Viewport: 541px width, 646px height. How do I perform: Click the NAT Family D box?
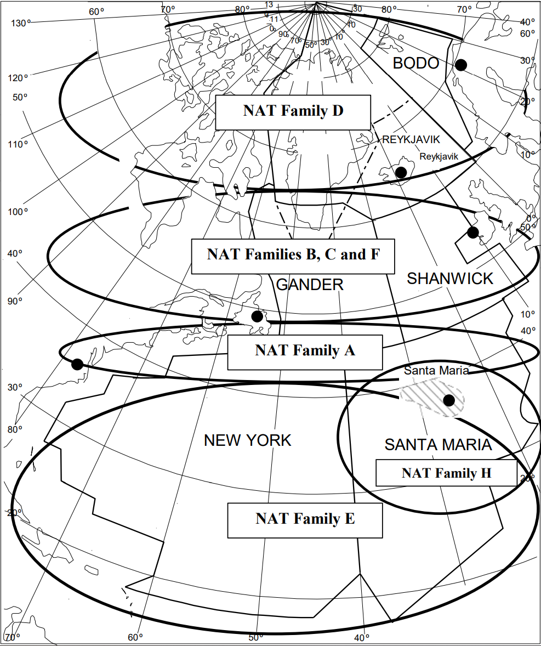click(293, 112)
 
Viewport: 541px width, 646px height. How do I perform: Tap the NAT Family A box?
click(305, 352)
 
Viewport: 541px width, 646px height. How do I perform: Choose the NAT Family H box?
click(446, 473)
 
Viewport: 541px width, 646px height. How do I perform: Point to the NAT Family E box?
click(305, 519)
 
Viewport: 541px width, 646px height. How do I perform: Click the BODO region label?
click(416, 64)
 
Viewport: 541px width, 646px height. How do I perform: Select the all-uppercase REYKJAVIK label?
click(411, 140)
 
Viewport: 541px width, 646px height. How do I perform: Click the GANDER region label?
click(310, 285)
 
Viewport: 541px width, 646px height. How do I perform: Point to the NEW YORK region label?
click(247, 440)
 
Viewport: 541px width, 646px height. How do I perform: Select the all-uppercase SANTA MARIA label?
click(438, 444)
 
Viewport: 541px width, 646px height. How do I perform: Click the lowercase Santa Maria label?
click(436, 370)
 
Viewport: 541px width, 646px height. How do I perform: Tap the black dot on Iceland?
click(401, 172)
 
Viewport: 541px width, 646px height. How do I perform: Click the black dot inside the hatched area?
click(449, 400)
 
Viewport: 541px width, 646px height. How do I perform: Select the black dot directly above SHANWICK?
click(472, 232)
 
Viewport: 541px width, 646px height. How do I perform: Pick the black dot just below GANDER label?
click(257, 316)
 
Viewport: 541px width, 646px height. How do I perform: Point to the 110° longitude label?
click(18, 144)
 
